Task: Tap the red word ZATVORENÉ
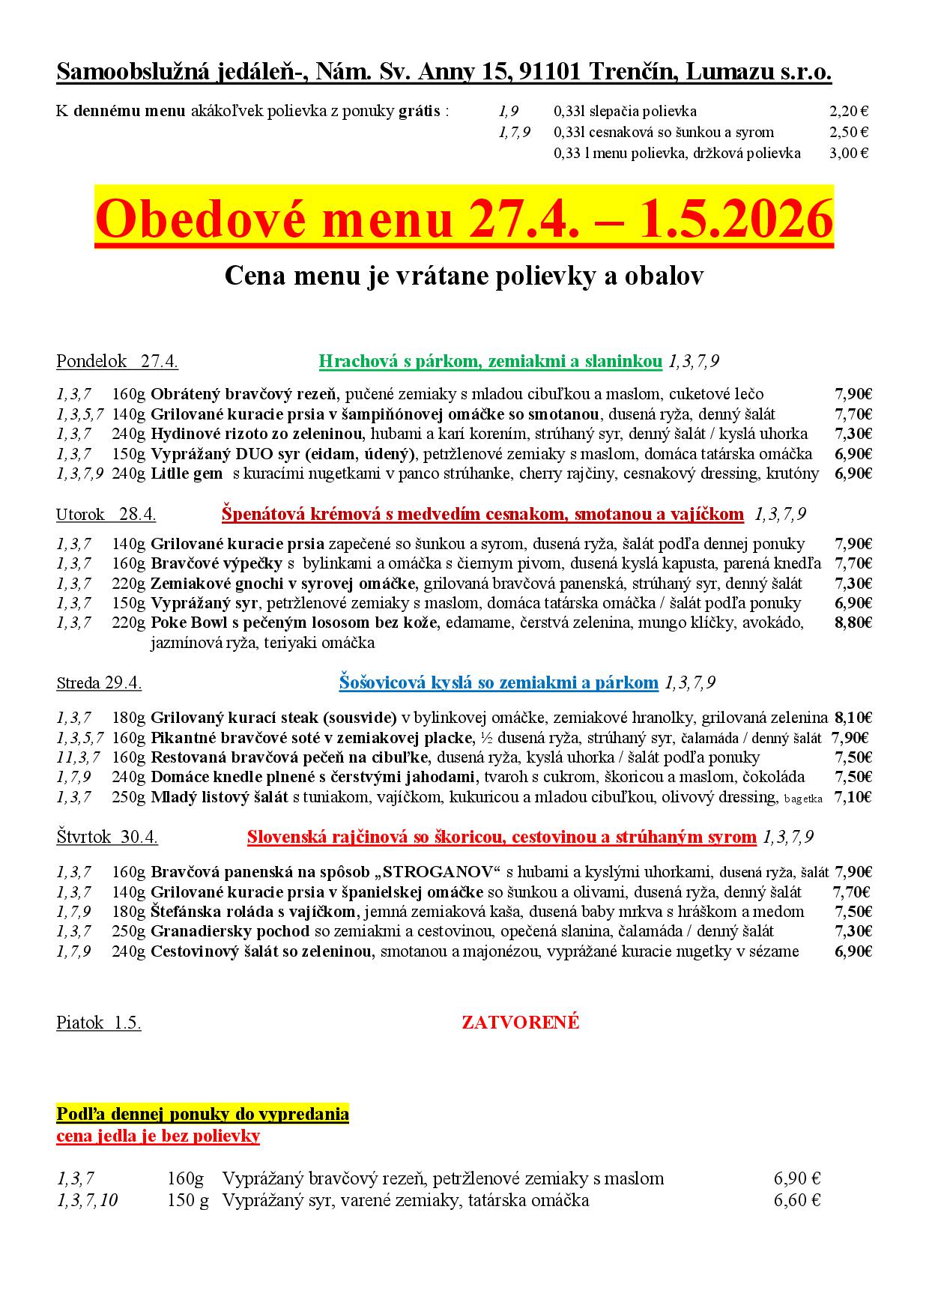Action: click(x=521, y=1023)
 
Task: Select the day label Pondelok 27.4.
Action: click(x=117, y=362)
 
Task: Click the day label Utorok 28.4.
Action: click(x=106, y=515)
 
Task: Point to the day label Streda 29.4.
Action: click(x=99, y=683)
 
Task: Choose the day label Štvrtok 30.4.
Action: click(x=107, y=838)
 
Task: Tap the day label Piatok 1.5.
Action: click(x=98, y=1023)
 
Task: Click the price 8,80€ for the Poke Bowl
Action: click(x=853, y=623)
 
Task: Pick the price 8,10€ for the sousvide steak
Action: click(x=853, y=717)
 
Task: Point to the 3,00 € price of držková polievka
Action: click(x=849, y=154)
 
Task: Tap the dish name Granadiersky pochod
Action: click(x=230, y=931)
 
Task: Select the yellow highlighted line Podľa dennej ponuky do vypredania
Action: click(x=202, y=1114)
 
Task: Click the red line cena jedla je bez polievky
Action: click(x=158, y=1136)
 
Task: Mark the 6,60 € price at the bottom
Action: click(x=797, y=1201)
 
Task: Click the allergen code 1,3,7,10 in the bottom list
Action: click(x=87, y=1201)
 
